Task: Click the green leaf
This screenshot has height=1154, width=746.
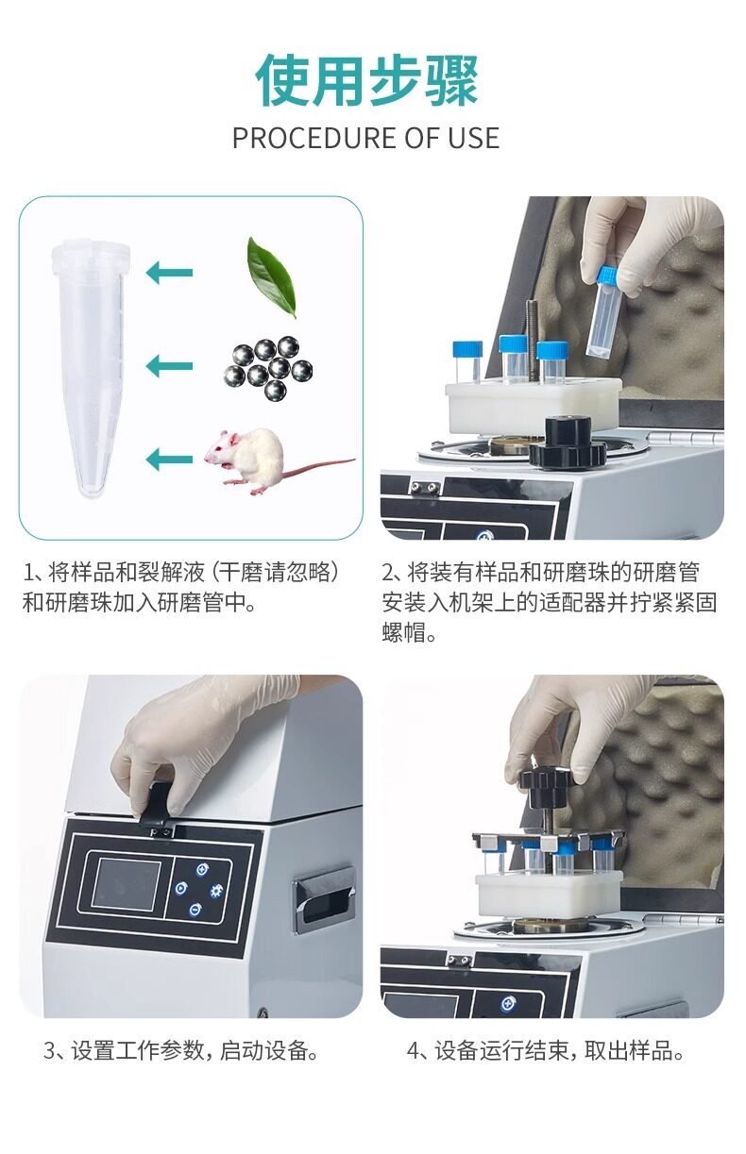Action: [271, 276]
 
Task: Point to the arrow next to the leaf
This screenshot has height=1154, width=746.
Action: [169, 273]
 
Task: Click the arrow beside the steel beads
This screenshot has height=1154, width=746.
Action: [169, 366]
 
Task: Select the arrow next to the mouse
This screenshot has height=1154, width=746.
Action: [169, 460]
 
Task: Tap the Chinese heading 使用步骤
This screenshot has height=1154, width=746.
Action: [366, 80]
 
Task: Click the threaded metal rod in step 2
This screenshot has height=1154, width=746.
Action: [532, 340]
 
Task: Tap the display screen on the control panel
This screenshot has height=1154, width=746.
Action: [126, 883]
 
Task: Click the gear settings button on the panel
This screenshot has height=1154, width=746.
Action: [216, 890]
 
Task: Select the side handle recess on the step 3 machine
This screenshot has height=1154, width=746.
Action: [325, 900]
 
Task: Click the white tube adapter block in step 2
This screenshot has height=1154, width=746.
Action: [534, 407]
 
